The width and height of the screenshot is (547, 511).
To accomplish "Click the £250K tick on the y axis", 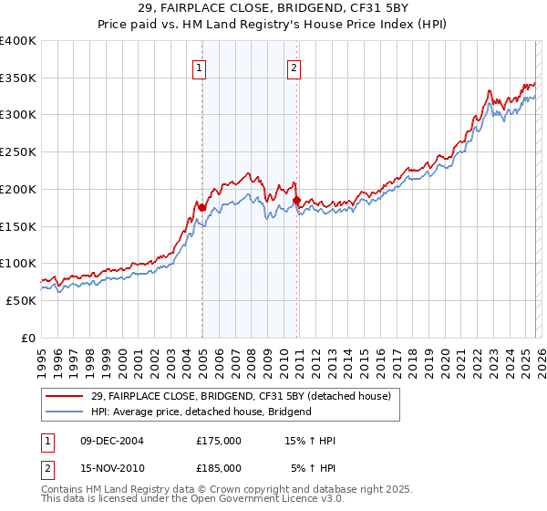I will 18,152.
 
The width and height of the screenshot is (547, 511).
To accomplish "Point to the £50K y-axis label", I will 21,300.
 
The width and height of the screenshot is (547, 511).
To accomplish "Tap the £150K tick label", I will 18,226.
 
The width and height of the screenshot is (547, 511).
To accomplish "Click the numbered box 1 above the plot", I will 199,67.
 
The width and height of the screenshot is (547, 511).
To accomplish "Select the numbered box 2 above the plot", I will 294,67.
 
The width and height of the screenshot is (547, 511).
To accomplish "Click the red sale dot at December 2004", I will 201,207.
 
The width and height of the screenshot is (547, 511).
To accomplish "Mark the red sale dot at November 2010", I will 296,200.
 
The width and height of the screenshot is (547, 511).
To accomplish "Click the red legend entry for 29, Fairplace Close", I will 241,396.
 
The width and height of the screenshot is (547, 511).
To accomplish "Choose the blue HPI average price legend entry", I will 201,412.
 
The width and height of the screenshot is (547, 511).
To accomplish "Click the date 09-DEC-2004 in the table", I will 111,441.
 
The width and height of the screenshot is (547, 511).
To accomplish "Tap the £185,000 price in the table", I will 219,467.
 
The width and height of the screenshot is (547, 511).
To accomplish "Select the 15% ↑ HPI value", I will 311,441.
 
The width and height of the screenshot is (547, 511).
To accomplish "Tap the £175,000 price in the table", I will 219,441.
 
